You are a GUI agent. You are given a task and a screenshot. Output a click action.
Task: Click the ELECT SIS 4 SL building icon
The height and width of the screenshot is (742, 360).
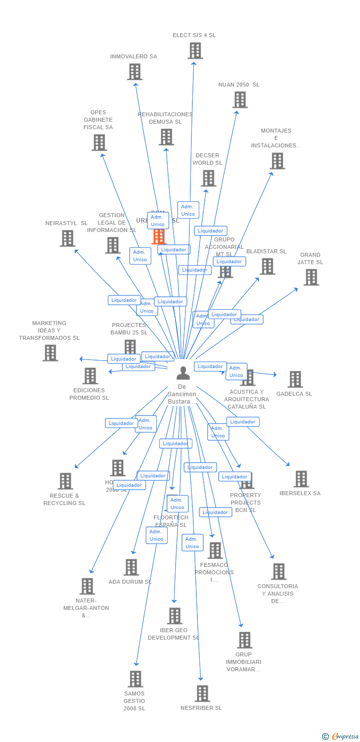coord(195,50)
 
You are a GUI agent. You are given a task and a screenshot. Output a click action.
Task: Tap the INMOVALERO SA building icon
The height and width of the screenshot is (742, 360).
coord(135,72)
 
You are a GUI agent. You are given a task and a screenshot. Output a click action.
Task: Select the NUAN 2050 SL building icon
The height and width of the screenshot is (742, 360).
coord(240,99)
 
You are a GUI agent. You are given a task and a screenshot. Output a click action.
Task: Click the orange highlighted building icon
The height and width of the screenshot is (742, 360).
coord(158,236)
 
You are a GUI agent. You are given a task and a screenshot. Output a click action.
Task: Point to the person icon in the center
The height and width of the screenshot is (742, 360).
coord(183,373)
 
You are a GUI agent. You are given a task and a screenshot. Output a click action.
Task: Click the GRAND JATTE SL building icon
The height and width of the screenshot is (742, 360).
coord(311,277)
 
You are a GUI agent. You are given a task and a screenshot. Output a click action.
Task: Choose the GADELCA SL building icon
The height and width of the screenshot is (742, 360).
coord(295,379)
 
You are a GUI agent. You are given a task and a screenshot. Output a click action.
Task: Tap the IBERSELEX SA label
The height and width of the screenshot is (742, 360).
coord(300,493)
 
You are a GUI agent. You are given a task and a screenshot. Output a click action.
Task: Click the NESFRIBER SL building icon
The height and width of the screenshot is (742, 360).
coord(202,693)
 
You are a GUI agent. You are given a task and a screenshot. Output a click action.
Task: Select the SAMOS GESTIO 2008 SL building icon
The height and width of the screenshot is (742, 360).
coord(135,679)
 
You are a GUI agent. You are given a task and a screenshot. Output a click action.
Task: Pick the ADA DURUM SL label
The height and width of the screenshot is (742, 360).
coord(130,582)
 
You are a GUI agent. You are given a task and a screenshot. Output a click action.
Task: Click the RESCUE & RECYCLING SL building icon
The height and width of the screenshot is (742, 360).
coord(65,481)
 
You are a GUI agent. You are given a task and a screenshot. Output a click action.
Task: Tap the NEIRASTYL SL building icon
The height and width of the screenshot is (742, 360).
coord(67,238)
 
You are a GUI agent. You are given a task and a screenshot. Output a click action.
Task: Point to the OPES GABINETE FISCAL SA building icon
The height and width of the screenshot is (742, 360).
coord(99,142)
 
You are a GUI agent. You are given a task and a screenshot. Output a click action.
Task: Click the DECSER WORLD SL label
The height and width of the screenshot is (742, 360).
coord(207,159)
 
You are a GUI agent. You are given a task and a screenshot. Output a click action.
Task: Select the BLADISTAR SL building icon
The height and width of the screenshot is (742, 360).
coord(267,266)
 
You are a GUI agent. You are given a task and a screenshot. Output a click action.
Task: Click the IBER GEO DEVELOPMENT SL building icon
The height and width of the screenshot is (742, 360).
coord(175,616)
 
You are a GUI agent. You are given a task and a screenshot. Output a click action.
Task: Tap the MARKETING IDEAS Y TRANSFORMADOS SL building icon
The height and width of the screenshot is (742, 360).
coord(50,353)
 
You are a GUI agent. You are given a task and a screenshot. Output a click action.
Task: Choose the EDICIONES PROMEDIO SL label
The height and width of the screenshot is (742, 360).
coord(89,394)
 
